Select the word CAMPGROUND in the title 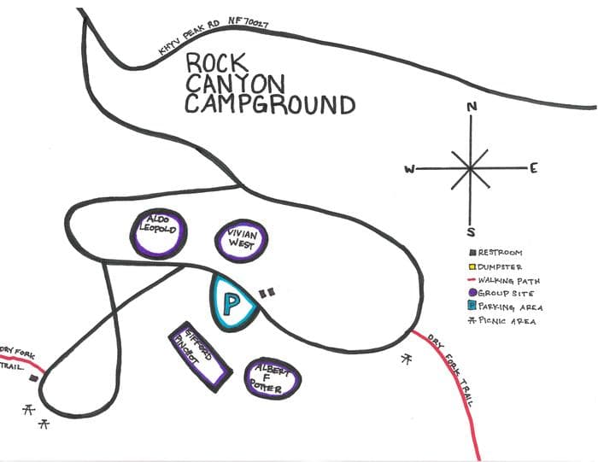point(270,104)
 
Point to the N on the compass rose point(471,108)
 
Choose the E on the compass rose point(532,168)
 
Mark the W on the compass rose point(410,169)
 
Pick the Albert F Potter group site point(273,377)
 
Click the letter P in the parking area point(231,303)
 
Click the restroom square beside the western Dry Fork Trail point(33,377)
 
